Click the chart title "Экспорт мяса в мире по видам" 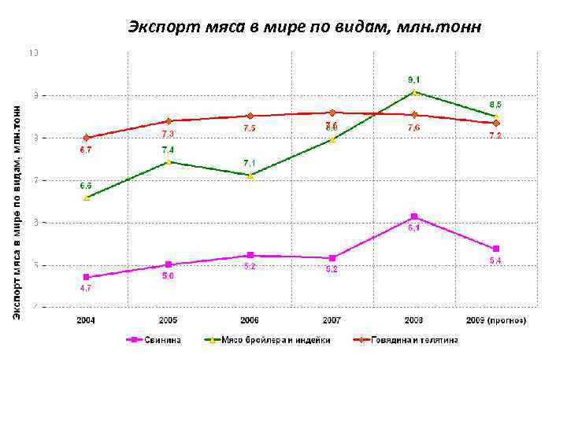(x=303, y=28)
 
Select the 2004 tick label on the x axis (x=87, y=320)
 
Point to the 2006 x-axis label (x=250, y=320)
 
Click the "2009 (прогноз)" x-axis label (x=496, y=320)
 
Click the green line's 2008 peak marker (x=414, y=92)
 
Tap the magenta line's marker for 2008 (x=414, y=216)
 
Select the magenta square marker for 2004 (x=87, y=277)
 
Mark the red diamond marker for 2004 (x=87, y=138)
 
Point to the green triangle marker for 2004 (x=87, y=198)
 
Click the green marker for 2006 (x=250, y=176)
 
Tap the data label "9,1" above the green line (x=413, y=79)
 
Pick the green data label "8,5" (x=495, y=104)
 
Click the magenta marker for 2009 (x=496, y=249)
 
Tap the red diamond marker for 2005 (x=168, y=121)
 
